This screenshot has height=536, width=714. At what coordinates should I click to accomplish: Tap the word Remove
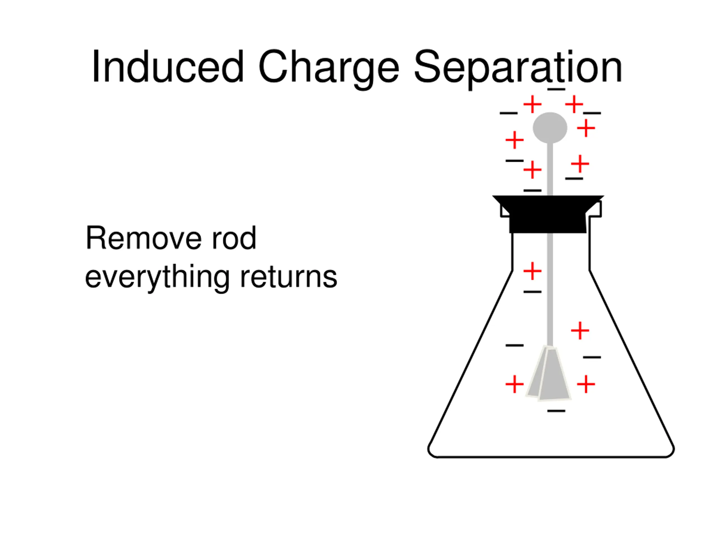click(x=143, y=238)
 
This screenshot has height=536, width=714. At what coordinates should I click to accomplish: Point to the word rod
click(x=234, y=238)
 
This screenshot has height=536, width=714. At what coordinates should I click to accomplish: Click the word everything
click(x=157, y=277)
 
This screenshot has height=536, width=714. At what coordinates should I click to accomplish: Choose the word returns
click(x=289, y=277)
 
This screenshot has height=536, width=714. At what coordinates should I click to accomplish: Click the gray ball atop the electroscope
click(x=550, y=128)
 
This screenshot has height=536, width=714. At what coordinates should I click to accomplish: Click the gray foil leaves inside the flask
click(x=549, y=375)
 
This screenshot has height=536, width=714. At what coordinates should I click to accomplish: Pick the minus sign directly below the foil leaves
click(x=556, y=411)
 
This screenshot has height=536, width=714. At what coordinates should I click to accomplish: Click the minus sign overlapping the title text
click(x=556, y=89)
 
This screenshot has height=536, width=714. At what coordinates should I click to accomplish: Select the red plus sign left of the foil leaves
click(x=515, y=384)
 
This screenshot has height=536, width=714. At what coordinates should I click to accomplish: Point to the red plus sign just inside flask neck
click(x=532, y=271)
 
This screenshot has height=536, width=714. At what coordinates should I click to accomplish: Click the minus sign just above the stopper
click(x=532, y=191)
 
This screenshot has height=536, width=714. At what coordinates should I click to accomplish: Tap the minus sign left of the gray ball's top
click(x=508, y=113)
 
